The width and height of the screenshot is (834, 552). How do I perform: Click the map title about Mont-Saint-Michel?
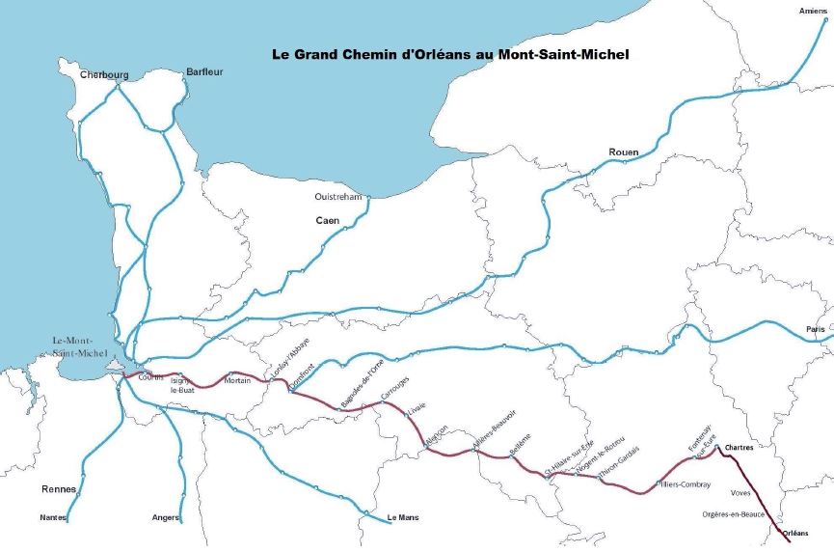[450, 55]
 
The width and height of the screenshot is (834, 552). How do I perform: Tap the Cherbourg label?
[104, 74]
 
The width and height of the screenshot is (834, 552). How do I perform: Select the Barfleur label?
[204, 71]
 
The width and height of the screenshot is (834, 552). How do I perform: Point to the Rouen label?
[624, 152]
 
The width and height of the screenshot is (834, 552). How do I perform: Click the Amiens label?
[813, 11]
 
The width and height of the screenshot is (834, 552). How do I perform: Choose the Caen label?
[329, 221]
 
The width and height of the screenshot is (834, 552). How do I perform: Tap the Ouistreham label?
[337, 197]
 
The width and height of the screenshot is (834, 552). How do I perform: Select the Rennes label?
[59, 489]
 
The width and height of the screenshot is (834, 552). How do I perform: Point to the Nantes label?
[53, 518]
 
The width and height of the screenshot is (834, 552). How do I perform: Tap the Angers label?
[166, 518]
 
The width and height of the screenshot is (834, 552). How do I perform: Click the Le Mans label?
[402, 518]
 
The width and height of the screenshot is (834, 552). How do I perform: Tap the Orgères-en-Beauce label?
[734, 514]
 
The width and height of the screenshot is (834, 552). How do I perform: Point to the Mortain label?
[237, 380]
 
